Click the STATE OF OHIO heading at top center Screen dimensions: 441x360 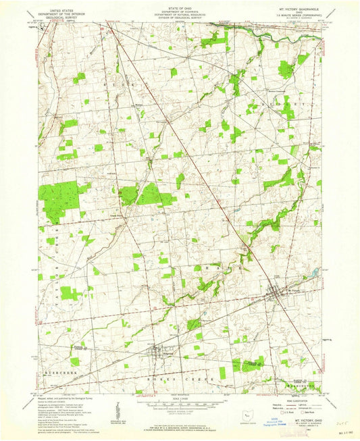pyautogui.click(x=180, y=5)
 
